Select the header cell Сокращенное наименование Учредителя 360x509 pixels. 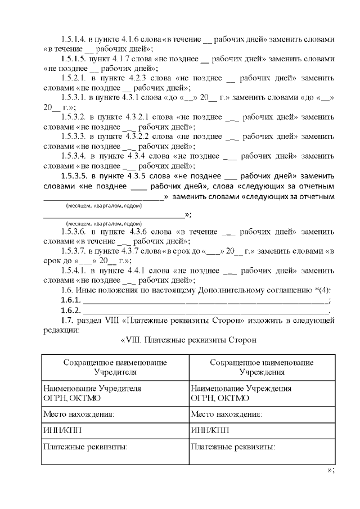click(115, 367)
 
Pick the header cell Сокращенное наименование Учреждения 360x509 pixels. click(262, 367)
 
